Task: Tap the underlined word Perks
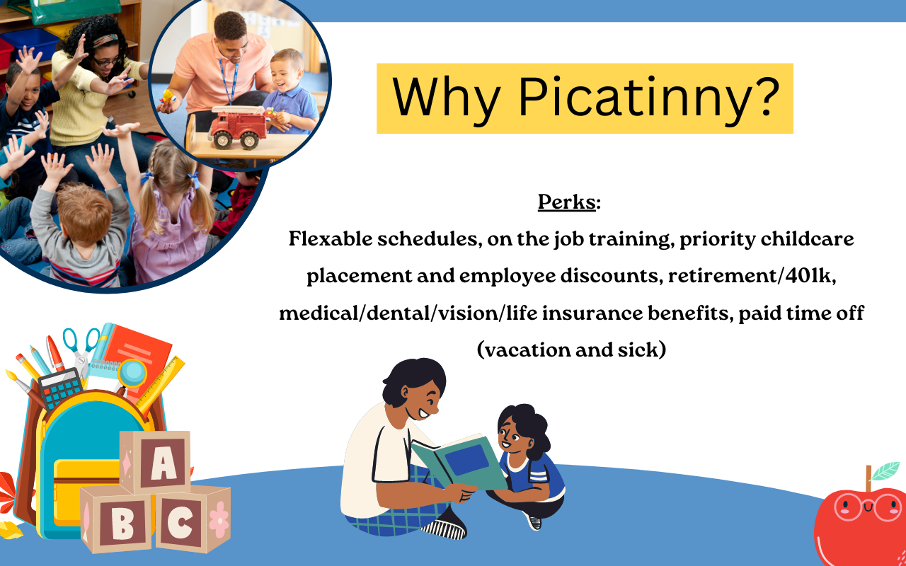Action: tap(566, 202)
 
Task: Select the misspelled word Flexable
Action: tap(331, 238)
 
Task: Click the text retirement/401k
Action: tap(752, 276)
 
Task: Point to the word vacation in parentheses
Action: tap(527, 350)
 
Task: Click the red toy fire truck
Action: tap(239, 127)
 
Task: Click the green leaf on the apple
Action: tap(885, 471)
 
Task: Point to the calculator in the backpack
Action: tap(61, 388)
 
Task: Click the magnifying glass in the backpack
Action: tap(132, 375)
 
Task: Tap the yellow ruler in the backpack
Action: tap(161, 384)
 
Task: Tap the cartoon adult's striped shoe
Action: tap(445, 527)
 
